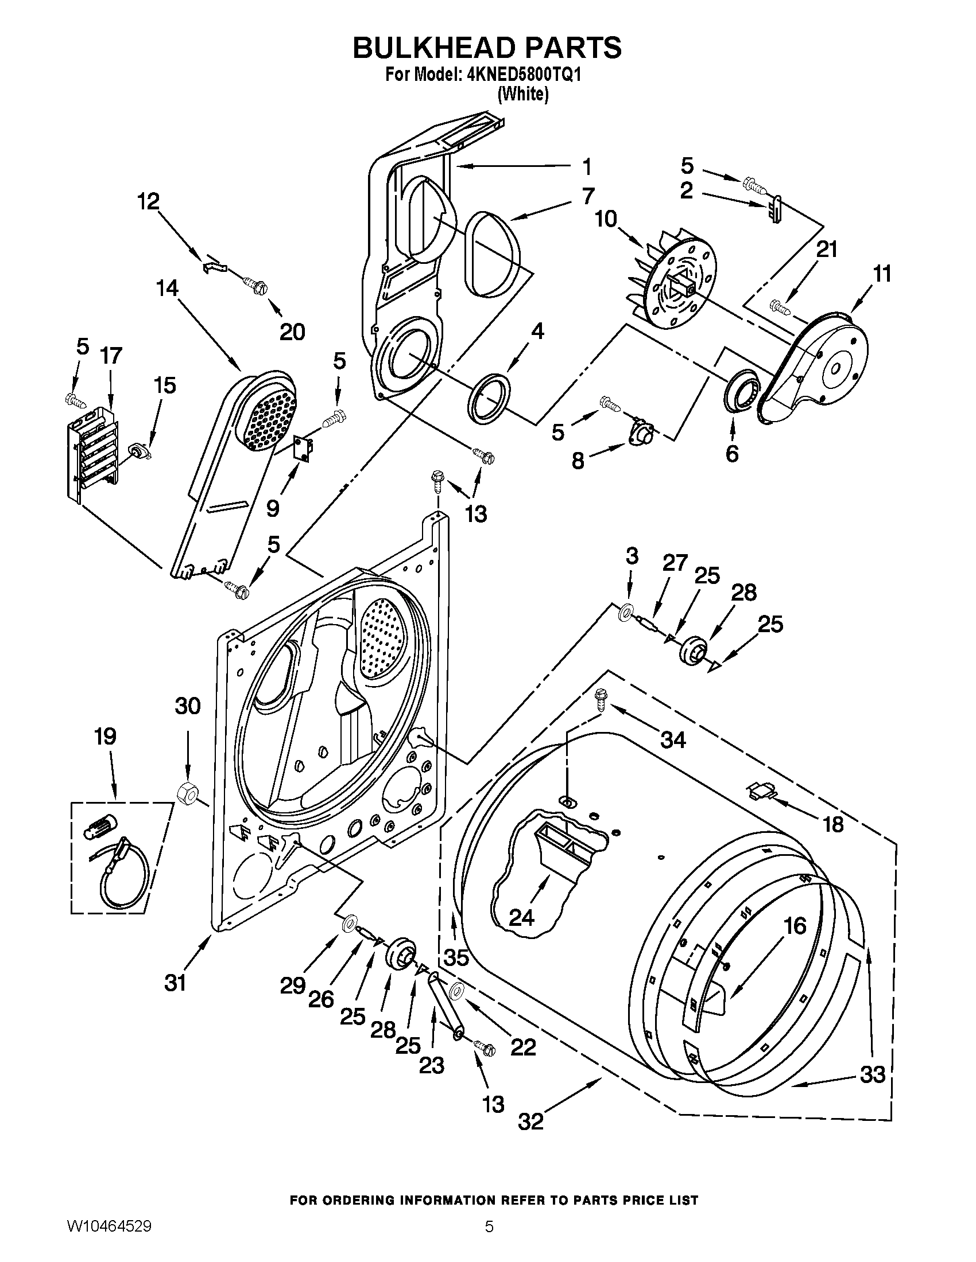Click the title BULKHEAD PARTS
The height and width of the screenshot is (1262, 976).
point(487,48)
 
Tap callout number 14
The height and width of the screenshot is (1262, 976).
point(166,289)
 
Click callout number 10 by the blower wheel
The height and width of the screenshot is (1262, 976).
point(606,219)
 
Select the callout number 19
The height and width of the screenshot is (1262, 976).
point(106,736)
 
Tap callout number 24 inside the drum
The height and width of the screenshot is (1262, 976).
point(521,917)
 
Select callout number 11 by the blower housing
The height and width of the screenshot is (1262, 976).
point(881,273)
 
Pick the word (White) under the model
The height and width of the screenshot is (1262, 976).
point(522,94)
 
